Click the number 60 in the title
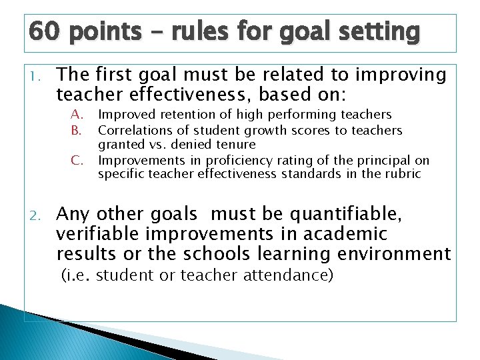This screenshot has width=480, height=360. click(x=45, y=31)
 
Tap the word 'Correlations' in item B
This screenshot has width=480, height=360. click(x=131, y=130)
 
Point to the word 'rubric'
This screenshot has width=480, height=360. click(x=402, y=175)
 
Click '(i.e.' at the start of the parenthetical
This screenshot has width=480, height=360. click(x=76, y=275)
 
